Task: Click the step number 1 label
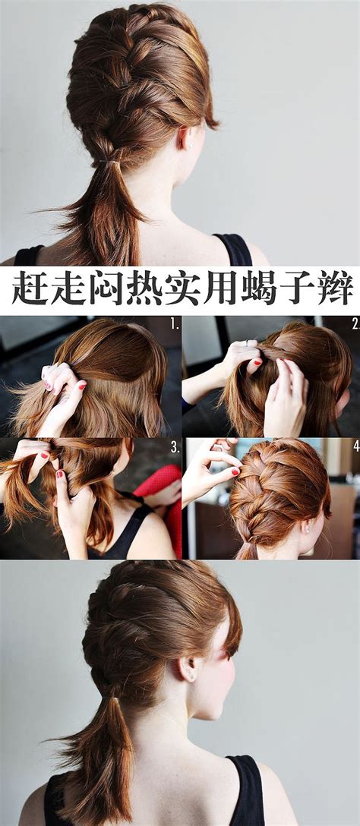pyautogui.click(x=175, y=325)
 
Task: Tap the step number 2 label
pyautogui.click(x=355, y=324)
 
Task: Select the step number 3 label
pyautogui.click(x=175, y=448)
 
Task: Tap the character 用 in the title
pyautogui.click(x=220, y=288)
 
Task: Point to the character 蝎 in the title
pyautogui.click(x=259, y=288)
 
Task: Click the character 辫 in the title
pyautogui.click(x=336, y=288)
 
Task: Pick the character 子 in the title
pyautogui.click(x=297, y=288)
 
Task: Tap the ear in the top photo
pyautogui.click(x=185, y=138)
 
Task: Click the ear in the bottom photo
pyautogui.click(x=188, y=669)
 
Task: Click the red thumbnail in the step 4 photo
pyautogui.click(x=235, y=471)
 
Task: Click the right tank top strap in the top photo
pyautogui.click(x=233, y=250)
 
